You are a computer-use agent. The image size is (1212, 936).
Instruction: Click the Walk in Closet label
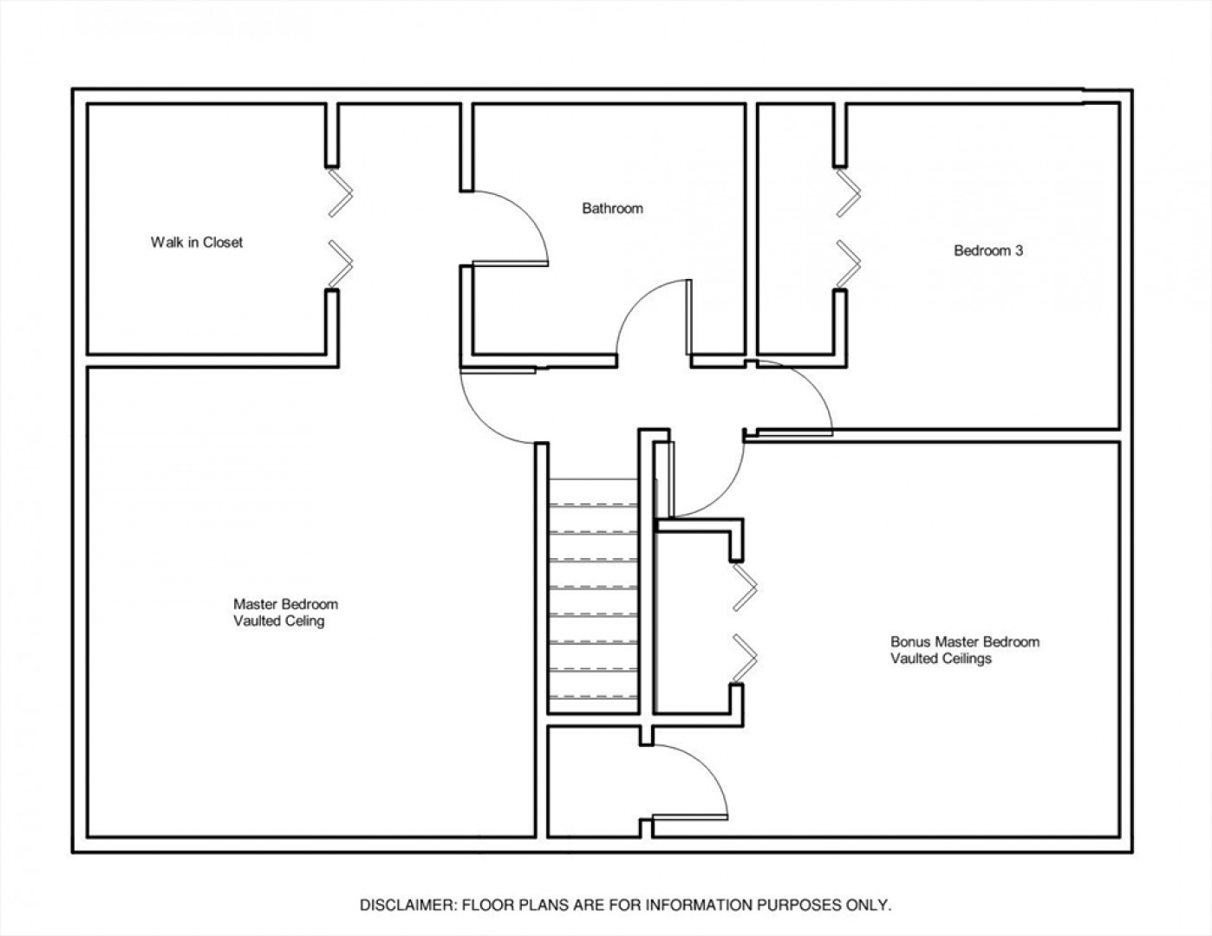(196, 243)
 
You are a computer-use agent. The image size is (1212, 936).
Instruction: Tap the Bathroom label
(612, 209)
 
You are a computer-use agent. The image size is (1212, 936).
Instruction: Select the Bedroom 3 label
(988, 250)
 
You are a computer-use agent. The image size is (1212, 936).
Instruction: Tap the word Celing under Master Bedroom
(306, 621)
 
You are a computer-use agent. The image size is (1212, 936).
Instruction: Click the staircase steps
(594, 595)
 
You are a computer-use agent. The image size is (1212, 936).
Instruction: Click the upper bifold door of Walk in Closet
(340, 193)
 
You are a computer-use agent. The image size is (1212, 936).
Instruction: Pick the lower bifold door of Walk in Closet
(340, 263)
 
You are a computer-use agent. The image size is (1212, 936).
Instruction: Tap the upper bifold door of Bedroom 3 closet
(849, 193)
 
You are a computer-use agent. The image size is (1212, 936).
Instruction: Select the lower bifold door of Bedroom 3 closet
(849, 263)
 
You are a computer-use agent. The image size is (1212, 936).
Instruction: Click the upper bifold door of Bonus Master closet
(745, 588)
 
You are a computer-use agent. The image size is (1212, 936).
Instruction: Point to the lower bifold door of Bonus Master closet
(745, 659)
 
